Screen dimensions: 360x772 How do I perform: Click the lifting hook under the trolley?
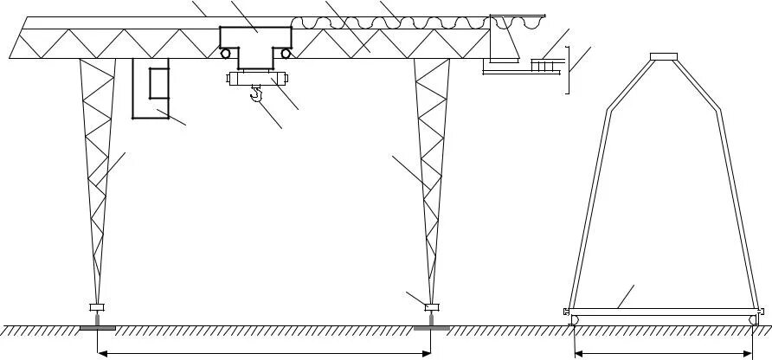[256, 93]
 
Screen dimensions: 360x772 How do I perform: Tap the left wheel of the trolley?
[227, 54]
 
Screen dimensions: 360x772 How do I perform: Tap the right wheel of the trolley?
[286, 54]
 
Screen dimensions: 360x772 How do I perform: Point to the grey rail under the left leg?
[95, 327]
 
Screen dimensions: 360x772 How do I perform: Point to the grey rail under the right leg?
[430, 327]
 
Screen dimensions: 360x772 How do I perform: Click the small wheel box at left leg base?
[96, 306]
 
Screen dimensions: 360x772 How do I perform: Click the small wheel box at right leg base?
[431, 306]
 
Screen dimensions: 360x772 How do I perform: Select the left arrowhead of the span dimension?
[100, 352]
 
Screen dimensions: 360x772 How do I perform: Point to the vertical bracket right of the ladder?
[567, 69]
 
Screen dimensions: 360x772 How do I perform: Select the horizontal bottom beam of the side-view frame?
[662, 310]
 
